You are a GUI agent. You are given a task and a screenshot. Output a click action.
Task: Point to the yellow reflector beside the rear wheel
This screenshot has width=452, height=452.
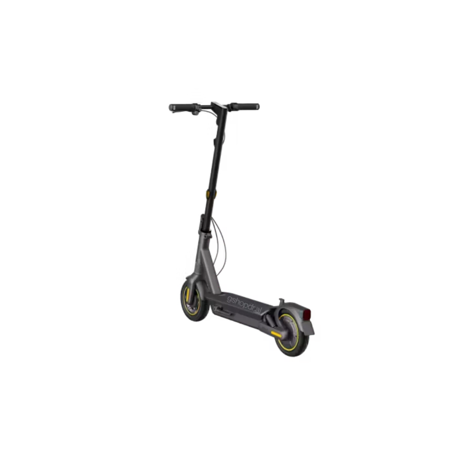coord(275,334)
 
